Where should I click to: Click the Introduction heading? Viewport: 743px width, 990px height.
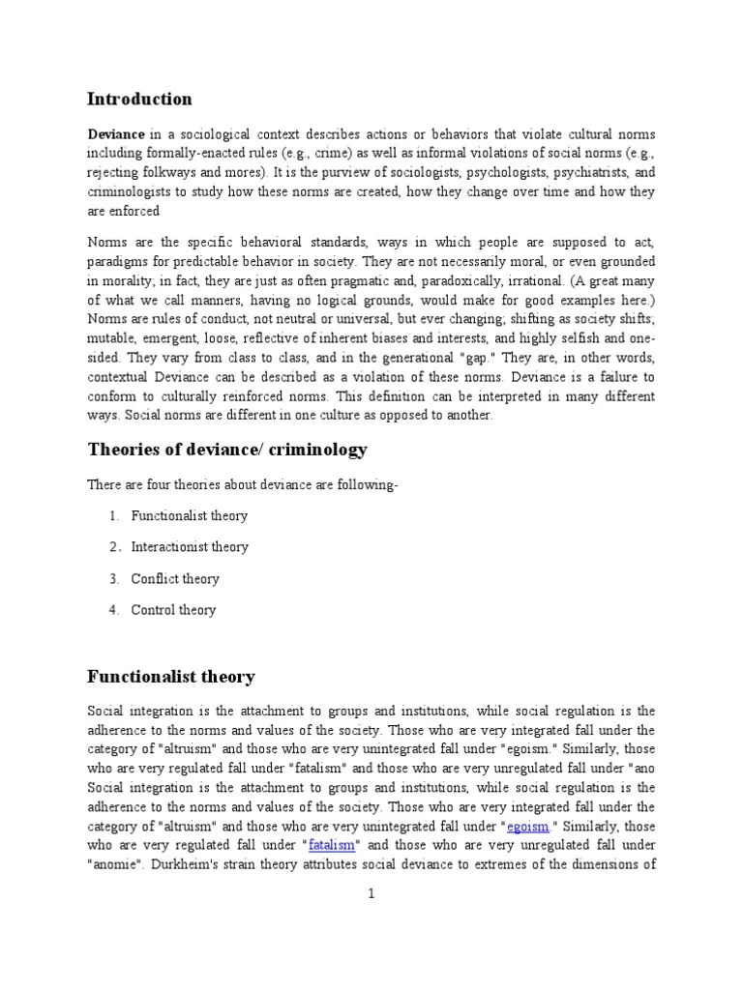pos(139,99)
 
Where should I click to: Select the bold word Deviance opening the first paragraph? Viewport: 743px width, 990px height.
pos(116,133)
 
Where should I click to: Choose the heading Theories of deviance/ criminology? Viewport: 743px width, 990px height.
pos(227,450)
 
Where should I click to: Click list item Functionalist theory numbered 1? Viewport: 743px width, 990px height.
pos(190,516)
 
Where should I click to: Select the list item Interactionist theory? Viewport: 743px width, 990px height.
pos(190,547)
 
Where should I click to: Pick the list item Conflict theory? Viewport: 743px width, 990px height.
pos(175,579)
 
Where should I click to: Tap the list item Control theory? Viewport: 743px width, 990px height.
pos(173,610)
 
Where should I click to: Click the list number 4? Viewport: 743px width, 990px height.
pos(113,610)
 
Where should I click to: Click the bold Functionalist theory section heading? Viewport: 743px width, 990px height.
pos(171,676)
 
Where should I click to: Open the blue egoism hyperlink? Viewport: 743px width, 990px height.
pos(528,826)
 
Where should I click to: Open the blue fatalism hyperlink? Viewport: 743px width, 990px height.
pos(328,845)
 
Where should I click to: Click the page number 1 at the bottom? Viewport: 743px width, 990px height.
pos(371,894)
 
